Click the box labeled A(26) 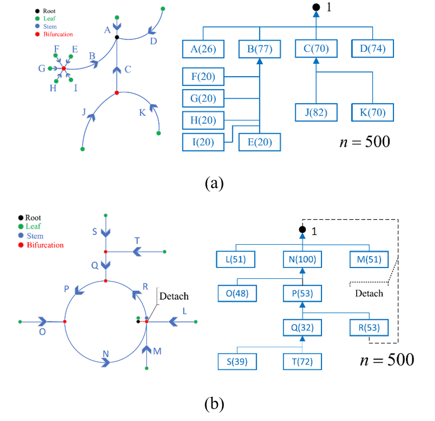[203, 49]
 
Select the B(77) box [260, 49]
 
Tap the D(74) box [373, 49]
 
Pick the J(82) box [316, 113]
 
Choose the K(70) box [373, 113]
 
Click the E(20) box [260, 142]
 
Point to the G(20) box [203, 98]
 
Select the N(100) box [302, 259]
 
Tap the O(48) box [237, 293]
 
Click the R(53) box [369, 328]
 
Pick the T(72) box [302, 362]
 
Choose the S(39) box [237, 362]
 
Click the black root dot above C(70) [316, 7]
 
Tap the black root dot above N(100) [302, 230]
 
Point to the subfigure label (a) [214, 183]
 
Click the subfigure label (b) [214, 403]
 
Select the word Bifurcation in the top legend [58, 34]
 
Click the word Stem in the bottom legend [35, 236]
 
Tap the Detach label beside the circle [174, 296]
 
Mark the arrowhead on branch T [137, 252]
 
